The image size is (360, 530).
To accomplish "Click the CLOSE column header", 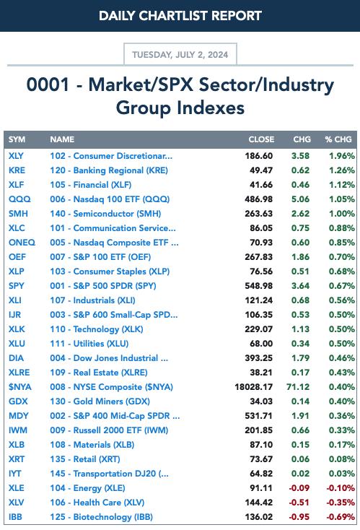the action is point(261,139).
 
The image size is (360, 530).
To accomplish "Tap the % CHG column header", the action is point(338,139).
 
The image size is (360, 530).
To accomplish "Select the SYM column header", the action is point(17,139).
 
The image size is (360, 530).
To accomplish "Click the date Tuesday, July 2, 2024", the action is point(180,54).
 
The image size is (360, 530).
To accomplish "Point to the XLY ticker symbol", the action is point(16,156).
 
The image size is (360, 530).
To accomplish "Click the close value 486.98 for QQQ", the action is point(259,199).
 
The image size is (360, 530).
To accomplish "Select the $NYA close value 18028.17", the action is point(254,387).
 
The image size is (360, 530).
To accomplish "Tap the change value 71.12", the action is point(298,387).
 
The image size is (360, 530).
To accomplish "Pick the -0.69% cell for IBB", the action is point(341,517).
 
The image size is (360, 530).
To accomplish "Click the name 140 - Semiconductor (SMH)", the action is point(105,214).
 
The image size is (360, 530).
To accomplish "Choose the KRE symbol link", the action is point(17,170).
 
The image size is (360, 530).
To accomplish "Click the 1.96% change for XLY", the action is point(342,156).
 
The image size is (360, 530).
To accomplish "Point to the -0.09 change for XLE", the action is point(299,488).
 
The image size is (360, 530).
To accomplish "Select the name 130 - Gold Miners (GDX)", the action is point(100,401).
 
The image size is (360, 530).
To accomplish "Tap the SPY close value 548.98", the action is point(259,286).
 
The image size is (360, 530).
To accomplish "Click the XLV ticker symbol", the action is point(16,503).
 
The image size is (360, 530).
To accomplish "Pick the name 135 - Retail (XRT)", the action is point(85,459).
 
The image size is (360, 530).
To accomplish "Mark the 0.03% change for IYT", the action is point(342,474).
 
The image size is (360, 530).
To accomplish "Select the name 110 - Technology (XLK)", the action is point(97,329).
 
